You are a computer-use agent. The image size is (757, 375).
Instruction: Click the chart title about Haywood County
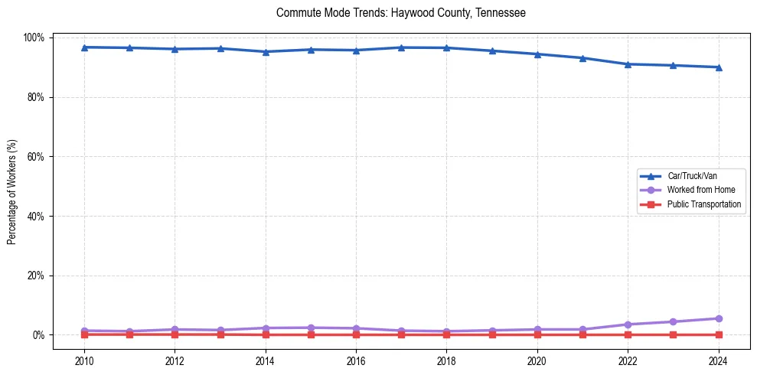pyautogui.click(x=400, y=13)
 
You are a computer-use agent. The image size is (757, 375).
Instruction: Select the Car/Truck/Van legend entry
pyautogui.click(x=691, y=176)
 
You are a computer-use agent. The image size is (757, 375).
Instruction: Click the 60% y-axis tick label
pyautogui.click(x=37, y=157)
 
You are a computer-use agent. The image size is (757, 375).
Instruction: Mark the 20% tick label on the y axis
pyautogui.click(x=37, y=276)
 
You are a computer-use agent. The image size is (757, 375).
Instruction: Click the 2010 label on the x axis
pyautogui.click(x=84, y=360)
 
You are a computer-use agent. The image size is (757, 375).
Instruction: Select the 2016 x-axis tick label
pyautogui.click(x=356, y=360)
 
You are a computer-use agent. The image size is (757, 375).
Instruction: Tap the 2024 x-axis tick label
pyautogui.click(x=718, y=360)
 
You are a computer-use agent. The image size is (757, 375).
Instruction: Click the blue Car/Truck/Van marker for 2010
pyautogui.click(x=84, y=47)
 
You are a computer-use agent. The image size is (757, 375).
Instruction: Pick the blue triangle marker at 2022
pyautogui.click(x=628, y=64)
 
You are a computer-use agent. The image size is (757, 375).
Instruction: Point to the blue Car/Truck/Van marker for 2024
pyautogui.click(x=718, y=67)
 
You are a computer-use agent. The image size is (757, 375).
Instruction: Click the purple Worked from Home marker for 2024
pyautogui.click(x=718, y=318)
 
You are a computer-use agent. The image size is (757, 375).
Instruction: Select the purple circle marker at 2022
pyautogui.click(x=628, y=324)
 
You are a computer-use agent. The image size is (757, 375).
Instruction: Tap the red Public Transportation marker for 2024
pyautogui.click(x=718, y=334)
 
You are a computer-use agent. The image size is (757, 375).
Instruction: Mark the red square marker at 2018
pyautogui.click(x=446, y=334)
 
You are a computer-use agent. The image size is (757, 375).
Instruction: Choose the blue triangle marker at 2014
pyautogui.click(x=266, y=52)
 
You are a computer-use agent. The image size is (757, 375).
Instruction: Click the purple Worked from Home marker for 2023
pyautogui.click(x=673, y=321)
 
